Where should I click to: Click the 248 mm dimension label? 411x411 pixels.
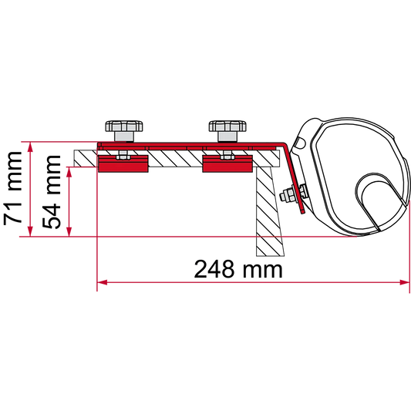point(238,269)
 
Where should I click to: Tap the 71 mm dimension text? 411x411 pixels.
point(12,189)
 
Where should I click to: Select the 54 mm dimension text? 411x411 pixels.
point(52,192)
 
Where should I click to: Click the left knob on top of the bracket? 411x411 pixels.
point(124,126)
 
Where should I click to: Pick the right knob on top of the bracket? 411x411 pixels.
point(227,126)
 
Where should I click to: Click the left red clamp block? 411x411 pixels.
point(123,163)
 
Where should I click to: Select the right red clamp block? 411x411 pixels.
point(227,163)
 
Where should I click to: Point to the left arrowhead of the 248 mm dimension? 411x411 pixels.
point(103,282)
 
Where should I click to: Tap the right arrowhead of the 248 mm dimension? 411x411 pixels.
point(405,282)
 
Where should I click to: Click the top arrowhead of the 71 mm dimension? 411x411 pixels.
point(30,147)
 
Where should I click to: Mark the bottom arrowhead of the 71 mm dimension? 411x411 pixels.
point(30,231)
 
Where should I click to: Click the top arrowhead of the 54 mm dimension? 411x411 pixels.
point(69,172)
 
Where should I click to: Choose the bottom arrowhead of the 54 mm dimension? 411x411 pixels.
point(69,231)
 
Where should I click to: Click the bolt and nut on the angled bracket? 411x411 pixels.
point(293,194)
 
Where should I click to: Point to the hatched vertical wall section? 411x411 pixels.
point(269,211)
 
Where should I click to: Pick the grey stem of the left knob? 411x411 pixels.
point(124,136)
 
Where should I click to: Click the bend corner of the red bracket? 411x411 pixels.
point(284,144)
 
